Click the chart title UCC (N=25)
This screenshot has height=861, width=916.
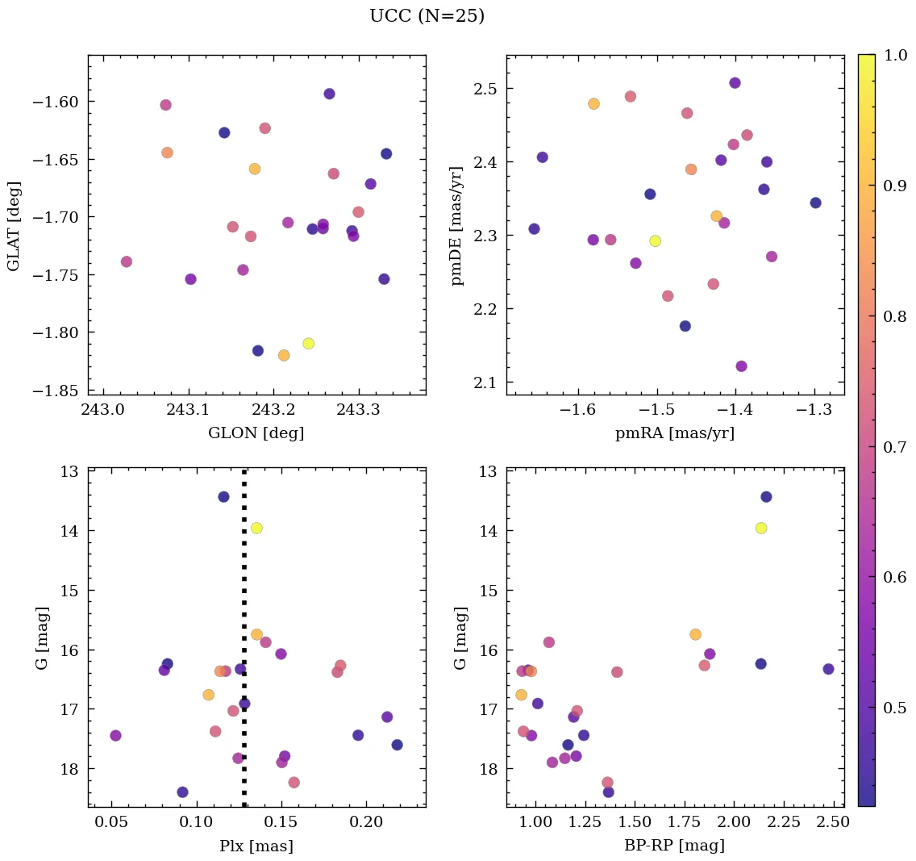pos(427,16)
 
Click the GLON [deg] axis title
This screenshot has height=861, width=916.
pos(256,433)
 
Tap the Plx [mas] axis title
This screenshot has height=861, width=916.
pos(256,846)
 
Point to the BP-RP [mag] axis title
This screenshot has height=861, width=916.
pos(675,846)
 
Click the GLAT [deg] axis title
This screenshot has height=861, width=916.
pos(14,225)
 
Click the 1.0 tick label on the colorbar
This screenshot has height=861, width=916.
pos(896,55)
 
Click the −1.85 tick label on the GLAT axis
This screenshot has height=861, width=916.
pos(60,391)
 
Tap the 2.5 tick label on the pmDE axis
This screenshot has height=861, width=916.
pos(485,88)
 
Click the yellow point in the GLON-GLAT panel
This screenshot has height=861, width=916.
pos(308,344)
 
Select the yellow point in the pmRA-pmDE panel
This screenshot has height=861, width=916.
pos(655,241)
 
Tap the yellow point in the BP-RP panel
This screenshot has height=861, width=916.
pos(760,528)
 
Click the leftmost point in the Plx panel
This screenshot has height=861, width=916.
pos(115,735)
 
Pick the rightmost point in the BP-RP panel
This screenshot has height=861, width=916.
pos(828,669)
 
